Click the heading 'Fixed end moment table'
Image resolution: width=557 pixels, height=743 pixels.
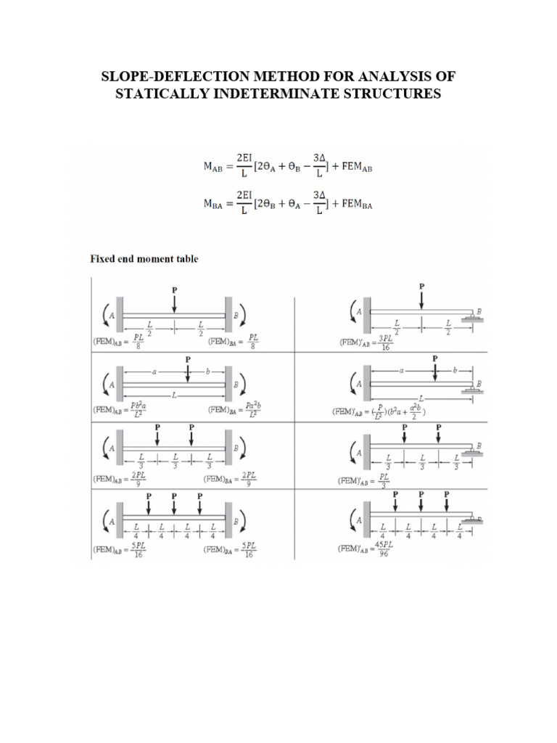pos(144,258)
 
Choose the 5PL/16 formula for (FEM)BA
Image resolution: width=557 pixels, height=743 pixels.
pos(249,548)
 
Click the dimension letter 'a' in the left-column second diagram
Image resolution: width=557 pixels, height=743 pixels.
pos(154,371)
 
